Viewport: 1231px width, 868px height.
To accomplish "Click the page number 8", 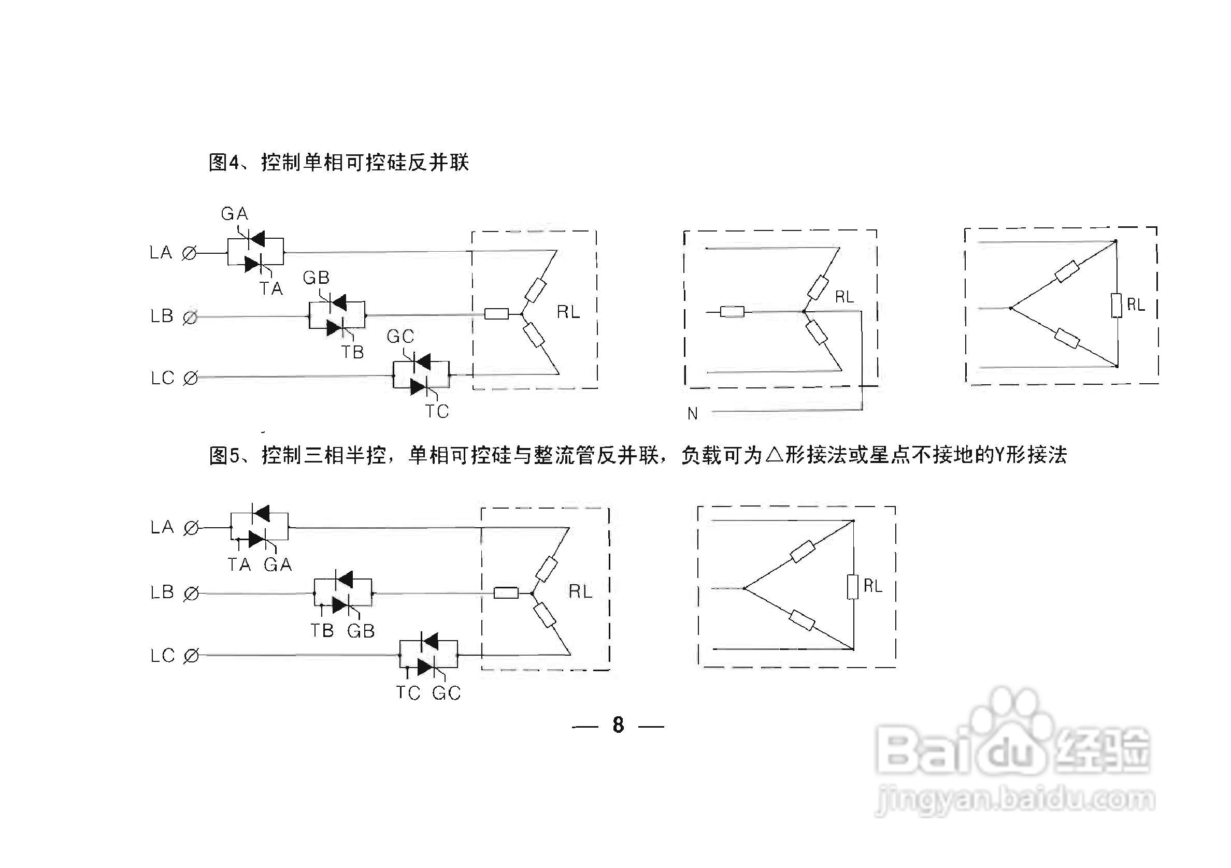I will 618,726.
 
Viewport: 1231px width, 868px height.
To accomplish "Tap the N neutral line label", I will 693,414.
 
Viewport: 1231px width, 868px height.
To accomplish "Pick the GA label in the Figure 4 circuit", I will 234,214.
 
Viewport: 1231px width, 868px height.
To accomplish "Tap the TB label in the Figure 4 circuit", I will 353,353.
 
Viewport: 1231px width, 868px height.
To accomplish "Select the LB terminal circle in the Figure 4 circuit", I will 190,317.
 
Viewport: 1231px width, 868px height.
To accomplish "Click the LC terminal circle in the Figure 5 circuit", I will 191,656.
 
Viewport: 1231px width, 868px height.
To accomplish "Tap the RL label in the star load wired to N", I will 844,297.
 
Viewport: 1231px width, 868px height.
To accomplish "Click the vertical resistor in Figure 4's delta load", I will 1117,306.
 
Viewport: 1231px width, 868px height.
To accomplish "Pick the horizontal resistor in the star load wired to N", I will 732,311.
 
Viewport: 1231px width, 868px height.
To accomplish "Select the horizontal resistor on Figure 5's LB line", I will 506,592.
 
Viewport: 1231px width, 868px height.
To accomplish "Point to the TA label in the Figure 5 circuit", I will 239,565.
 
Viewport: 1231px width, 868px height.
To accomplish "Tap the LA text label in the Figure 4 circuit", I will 161,253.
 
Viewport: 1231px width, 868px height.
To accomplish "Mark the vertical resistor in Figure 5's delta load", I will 853,587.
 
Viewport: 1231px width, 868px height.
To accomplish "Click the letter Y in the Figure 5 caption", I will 999,455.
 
